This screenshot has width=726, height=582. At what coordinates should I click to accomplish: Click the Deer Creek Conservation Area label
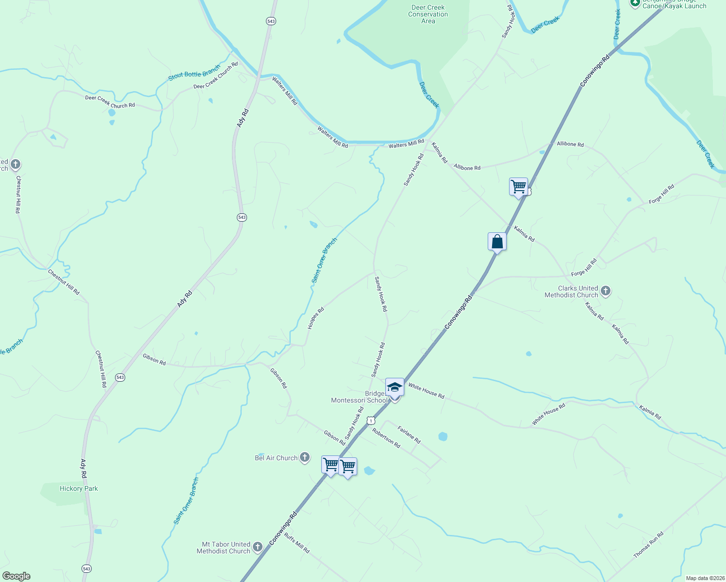click(428, 14)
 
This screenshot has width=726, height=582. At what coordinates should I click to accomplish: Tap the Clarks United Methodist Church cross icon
click(605, 291)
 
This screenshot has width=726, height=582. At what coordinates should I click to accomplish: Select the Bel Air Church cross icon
click(304, 457)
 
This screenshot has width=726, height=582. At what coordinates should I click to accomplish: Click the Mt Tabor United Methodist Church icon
click(257, 547)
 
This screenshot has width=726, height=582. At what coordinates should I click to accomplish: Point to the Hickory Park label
click(79, 488)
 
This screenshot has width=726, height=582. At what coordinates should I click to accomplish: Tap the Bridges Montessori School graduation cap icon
click(395, 387)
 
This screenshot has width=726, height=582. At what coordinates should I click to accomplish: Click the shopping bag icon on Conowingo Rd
click(497, 242)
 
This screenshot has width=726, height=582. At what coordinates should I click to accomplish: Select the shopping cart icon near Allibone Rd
click(518, 186)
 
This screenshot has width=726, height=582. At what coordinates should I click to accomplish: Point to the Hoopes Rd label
click(315, 319)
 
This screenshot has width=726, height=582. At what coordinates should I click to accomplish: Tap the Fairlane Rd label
click(409, 435)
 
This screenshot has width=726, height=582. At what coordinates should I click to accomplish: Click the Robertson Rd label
click(386, 437)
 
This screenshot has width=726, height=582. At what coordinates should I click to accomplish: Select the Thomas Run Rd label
click(648, 545)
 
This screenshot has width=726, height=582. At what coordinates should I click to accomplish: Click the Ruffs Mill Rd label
click(297, 543)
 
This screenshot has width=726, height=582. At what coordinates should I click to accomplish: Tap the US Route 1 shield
click(371, 420)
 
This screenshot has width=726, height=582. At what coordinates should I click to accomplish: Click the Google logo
click(16, 576)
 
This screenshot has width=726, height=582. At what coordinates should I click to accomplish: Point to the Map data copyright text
click(705, 578)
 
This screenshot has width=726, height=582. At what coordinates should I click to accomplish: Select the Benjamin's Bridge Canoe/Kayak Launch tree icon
click(635, 3)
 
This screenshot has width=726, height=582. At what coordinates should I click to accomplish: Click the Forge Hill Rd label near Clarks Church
click(584, 268)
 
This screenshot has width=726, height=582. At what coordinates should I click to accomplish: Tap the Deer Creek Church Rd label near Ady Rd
click(215, 76)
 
